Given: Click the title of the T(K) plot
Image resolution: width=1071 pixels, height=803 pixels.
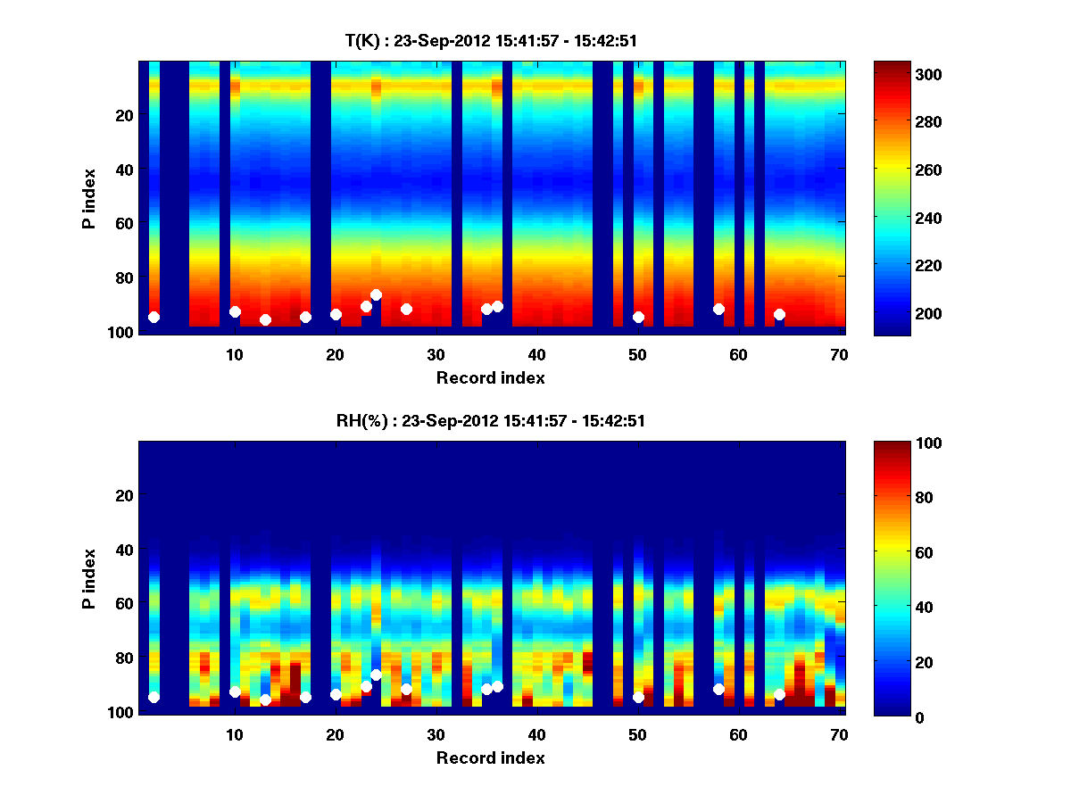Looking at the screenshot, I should point(491,41).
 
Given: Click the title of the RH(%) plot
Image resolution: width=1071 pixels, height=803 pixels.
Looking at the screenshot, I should point(491,421).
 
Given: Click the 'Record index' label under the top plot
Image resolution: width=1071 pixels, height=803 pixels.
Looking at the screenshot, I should point(491,377).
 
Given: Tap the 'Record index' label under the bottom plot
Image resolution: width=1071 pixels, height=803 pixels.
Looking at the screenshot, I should point(491,757).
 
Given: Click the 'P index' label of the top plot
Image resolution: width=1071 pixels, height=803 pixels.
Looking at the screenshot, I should point(89,198).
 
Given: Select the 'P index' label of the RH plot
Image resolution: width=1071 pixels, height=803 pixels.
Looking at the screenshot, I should point(89,578).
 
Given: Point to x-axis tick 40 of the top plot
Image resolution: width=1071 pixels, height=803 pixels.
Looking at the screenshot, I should point(536,354).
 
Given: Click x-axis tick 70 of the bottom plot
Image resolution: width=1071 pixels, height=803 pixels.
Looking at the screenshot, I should point(839,734).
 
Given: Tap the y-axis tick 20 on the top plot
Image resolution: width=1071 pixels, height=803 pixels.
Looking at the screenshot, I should point(124,115).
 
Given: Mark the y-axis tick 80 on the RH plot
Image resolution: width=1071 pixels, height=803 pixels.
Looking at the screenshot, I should point(124,658).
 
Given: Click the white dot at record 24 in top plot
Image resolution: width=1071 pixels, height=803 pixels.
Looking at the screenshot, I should point(376,294).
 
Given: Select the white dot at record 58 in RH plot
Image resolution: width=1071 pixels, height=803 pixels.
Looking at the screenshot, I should point(718,689).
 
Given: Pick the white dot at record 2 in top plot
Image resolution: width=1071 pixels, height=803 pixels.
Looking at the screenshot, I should point(154,317).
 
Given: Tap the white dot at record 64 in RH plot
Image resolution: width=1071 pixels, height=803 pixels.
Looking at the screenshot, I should point(779,694).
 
